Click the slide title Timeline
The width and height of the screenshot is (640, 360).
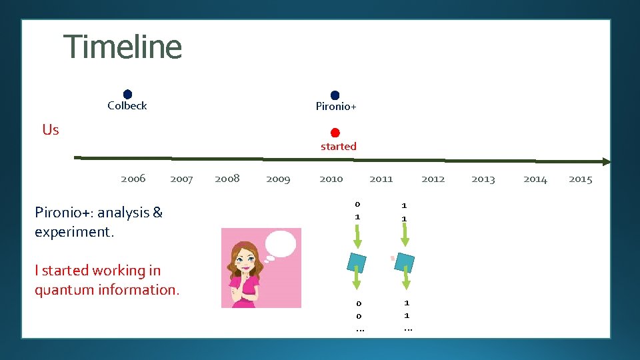pyautogui.click(x=123, y=47)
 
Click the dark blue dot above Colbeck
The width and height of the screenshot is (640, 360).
pyautogui.click(x=127, y=95)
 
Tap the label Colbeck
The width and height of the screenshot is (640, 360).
pyautogui.click(x=127, y=106)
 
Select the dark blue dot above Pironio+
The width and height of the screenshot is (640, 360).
pyautogui.click(x=335, y=95)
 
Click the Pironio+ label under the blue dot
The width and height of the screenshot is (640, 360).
pyautogui.click(x=336, y=107)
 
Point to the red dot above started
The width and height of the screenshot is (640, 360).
pyautogui.click(x=335, y=133)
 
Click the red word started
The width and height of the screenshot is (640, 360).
pyautogui.click(x=338, y=147)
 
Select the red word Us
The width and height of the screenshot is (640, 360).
pyautogui.click(x=51, y=130)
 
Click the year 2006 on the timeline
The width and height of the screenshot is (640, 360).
pyautogui.click(x=133, y=179)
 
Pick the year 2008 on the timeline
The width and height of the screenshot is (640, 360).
pyautogui.click(x=227, y=179)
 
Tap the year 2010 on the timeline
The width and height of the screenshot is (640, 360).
pyautogui.click(x=331, y=179)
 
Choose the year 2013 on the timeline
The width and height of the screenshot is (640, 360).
pyautogui.click(x=483, y=179)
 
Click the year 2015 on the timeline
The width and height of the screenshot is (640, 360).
pyautogui.click(x=580, y=179)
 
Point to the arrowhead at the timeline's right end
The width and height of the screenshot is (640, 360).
pyautogui.click(x=605, y=161)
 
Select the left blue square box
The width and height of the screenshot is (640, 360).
pyautogui.click(x=357, y=261)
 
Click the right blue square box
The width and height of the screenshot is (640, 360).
pyautogui.click(x=404, y=261)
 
